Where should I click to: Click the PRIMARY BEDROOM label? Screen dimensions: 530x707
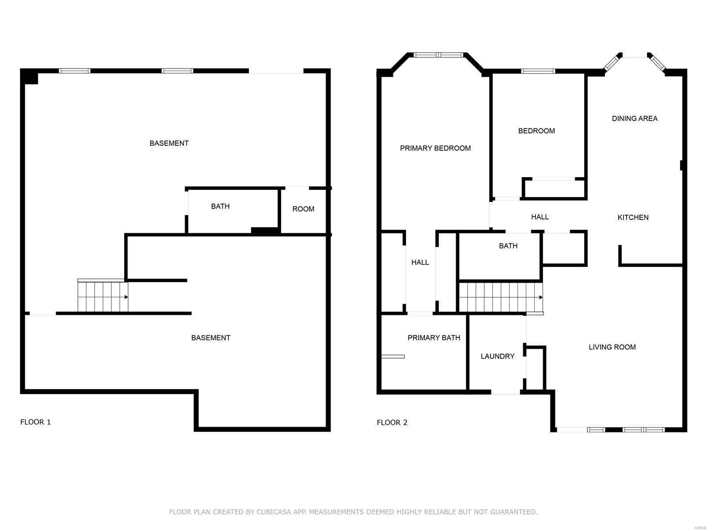point(435,148)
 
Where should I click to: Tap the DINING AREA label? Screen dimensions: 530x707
point(635,118)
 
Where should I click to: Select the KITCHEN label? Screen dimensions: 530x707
point(633,217)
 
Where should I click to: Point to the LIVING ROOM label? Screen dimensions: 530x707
point(612,347)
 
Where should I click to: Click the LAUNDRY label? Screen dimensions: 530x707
point(498,356)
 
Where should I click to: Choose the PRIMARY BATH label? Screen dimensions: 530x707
point(433,338)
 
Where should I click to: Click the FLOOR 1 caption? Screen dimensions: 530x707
point(35,422)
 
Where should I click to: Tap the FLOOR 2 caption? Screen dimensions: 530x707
point(392,423)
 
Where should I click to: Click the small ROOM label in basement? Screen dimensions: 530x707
point(303,209)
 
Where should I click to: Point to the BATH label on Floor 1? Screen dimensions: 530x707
point(220,206)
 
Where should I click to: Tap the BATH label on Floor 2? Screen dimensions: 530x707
point(508,246)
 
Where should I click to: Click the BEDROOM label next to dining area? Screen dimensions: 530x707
point(536,131)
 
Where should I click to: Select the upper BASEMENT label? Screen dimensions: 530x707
point(169,143)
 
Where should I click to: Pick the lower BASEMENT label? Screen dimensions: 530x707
point(210,338)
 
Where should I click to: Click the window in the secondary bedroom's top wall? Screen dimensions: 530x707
point(538,71)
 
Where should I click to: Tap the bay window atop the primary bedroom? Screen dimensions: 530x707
point(438,55)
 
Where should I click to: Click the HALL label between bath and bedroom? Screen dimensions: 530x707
point(540,217)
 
